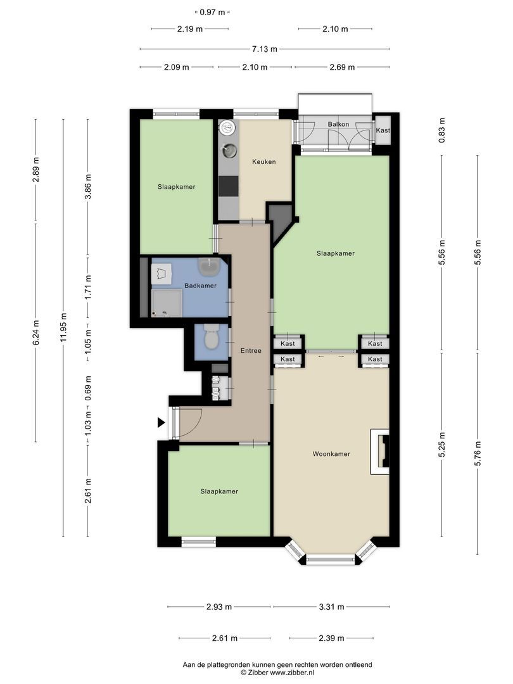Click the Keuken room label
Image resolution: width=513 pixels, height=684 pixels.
tap(264, 162)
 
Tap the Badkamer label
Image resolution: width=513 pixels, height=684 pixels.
tap(200, 286)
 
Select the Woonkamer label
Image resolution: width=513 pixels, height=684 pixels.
tap(331, 453)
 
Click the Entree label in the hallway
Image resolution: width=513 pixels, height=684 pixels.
tap(251, 350)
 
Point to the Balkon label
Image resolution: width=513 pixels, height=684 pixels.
tap(338, 124)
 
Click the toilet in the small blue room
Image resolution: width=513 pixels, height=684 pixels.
tap(211, 336)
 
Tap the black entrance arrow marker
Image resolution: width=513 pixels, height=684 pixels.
tap(161, 422)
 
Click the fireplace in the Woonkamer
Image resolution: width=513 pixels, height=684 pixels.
tap(380, 452)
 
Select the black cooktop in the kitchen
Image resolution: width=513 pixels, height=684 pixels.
tap(229, 186)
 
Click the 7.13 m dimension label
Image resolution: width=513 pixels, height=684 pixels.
tap(264, 49)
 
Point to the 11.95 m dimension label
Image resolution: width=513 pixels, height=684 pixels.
tap(64, 328)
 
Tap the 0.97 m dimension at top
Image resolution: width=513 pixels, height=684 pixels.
tap(212, 12)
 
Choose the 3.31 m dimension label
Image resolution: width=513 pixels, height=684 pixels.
tap(331, 607)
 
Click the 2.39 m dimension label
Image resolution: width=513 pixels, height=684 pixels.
tap(331, 638)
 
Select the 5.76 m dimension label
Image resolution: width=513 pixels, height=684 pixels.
tap(478, 453)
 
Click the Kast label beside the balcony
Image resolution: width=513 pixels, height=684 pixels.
tap(383, 130)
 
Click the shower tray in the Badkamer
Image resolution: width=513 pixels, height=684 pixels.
tap(167, 303)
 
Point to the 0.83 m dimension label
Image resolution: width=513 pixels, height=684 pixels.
tap(442, 130)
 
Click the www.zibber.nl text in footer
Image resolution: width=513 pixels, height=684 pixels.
tap(292, 673)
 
